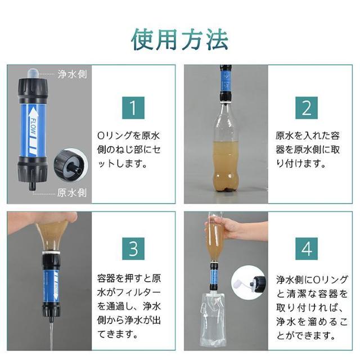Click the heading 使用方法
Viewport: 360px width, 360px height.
180,39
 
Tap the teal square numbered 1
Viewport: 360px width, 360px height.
133,108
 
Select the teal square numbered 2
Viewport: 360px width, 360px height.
307,108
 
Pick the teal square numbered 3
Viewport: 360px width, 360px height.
133,249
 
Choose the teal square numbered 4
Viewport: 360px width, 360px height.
307,249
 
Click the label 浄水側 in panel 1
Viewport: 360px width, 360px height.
73,74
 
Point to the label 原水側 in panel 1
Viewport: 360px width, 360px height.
72,192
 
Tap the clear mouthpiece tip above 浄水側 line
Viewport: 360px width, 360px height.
33,74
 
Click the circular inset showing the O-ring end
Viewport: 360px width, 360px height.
71,165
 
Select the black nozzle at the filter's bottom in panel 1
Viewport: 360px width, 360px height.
33,185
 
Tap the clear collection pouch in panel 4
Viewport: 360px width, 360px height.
212,319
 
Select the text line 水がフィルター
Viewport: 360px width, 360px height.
129,292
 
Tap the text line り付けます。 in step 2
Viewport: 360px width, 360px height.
301,164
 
